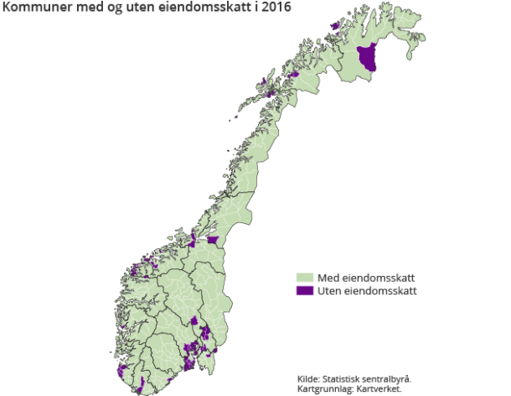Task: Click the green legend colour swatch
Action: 305,278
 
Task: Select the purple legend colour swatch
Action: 305,290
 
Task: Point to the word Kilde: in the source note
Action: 310,378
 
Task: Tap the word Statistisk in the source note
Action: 344,378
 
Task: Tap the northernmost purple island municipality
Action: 336,26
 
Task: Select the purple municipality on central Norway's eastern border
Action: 215,241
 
